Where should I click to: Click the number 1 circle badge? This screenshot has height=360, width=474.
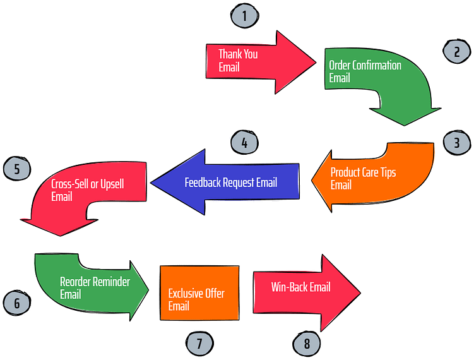pos(244,16)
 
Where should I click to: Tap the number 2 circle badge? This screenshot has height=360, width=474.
pos(456,52)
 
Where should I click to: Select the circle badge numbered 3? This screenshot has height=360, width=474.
pos(456,143)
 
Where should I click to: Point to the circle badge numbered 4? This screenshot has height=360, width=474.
pos(244,143)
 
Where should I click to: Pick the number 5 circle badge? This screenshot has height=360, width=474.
pos(17,169)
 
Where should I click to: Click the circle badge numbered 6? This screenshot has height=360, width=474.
pos(17,303)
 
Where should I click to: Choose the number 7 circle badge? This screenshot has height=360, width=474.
pos(199,344)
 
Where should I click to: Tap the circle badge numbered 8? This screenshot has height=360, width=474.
pos(307,344)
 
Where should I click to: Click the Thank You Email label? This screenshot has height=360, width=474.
pos(238,61)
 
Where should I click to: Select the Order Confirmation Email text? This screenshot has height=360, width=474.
pos(365,71)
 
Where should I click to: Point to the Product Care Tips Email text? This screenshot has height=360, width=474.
pos(363,178)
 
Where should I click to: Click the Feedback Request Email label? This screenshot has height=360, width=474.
pos(230,183)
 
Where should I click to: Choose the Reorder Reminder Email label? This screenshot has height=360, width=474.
pos(95,287)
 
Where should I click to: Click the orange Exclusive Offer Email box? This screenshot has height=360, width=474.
pos(199,293)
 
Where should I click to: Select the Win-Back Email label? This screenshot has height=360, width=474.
pos(300,287)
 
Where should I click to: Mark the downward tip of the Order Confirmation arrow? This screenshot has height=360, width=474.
pos(405,124)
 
